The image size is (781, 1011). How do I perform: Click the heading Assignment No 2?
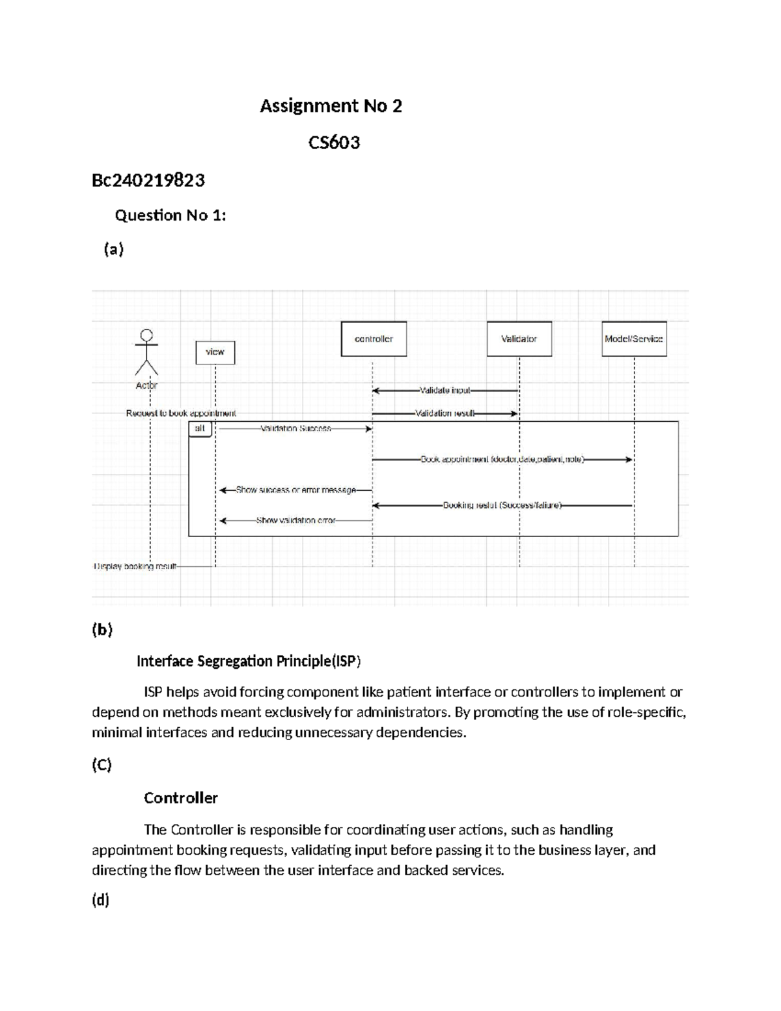(331, 106)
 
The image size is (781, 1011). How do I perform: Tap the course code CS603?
(334, 143)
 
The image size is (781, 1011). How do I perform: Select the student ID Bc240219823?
(148, 180)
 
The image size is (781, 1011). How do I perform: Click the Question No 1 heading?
(171, 215)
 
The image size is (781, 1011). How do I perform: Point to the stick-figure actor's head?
(147, 335)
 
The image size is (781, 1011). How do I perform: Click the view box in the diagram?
(215, 352)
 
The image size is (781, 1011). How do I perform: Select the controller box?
(374, 339)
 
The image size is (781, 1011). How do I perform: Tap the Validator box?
(519, 339)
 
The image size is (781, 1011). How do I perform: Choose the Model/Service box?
(633, 339)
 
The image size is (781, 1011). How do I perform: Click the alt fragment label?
(200, 428)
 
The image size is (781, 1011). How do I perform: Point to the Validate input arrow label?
(445, 391)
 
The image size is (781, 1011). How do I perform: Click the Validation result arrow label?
(445, 413)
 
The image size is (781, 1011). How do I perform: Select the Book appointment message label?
(502, 460)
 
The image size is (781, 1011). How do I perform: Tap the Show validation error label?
(295, 520)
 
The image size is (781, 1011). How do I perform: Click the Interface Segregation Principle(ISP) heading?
(248, 661)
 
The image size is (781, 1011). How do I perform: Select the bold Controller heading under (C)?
(180, 798)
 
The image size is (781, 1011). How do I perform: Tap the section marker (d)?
(100, 900)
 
